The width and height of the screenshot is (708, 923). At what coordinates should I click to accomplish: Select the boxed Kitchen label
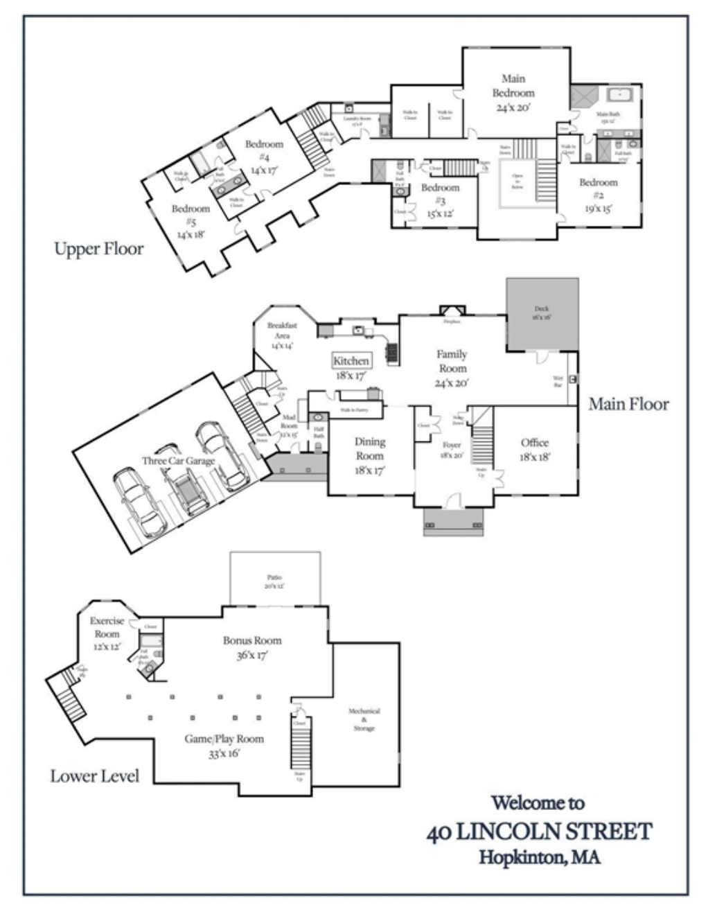point(351,361)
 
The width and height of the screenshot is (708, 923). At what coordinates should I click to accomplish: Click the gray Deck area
point(542,313)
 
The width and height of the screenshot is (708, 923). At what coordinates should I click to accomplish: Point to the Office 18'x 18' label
point(535,449)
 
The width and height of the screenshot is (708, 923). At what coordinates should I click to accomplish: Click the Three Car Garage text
point(178,461)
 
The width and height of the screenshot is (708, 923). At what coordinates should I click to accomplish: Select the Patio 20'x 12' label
point(274,581)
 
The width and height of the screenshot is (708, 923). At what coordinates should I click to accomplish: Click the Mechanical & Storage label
point(364,719)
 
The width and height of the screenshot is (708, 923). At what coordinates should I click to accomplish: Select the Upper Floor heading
point(99,249)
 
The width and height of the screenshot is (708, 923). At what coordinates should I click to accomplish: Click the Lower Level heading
point(94,776)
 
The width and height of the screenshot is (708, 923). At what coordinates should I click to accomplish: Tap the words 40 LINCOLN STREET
point(540,832)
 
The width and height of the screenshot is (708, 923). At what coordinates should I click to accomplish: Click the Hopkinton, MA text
point(540,857)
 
